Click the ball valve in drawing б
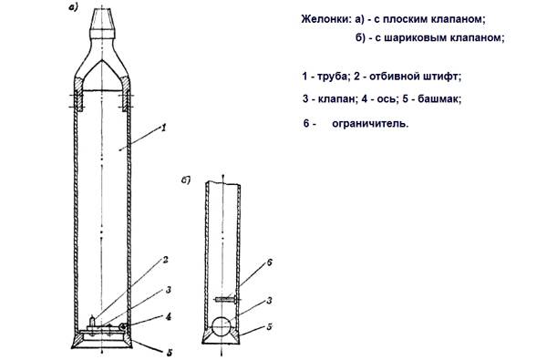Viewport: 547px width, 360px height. (222, 326)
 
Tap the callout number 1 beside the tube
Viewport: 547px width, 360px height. (163, 128)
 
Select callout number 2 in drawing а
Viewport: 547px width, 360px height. (165, 260)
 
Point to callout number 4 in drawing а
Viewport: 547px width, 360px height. (168, 317)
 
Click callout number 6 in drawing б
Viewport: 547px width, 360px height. (269, 262)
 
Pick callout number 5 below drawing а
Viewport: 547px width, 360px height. (170, 353)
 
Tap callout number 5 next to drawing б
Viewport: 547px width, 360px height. (269, 327)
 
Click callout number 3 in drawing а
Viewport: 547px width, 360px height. (168, 290)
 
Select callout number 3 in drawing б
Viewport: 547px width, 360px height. (269, 300)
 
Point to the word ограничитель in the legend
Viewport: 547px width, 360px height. (370, 123)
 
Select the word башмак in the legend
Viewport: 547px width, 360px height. (439, 98)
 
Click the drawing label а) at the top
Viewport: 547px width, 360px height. (73, 8)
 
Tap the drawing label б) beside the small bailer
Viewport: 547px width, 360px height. (186, 180)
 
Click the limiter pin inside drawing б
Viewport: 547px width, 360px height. (226, 299)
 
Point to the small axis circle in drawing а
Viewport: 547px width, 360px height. (122, 326)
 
